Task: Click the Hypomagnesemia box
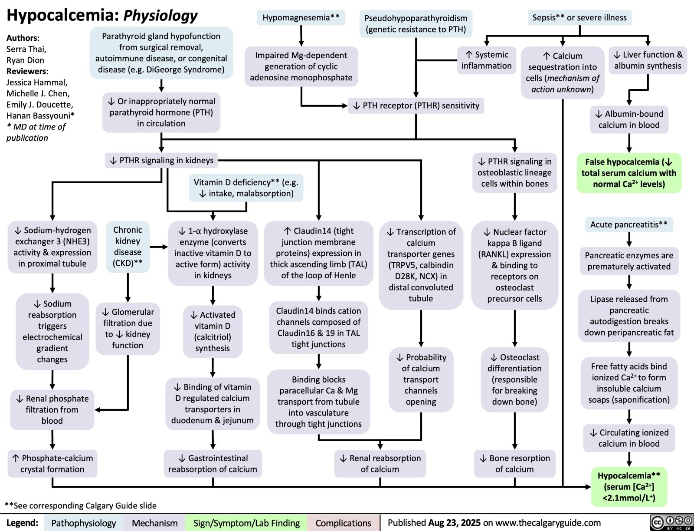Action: click(x=301, y=18)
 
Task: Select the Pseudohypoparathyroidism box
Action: click(x=416, y=24)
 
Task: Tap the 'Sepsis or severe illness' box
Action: click(x=579, y=18)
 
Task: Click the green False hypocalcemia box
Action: click(x=629, y=173)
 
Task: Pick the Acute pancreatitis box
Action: click(x=629, y=224)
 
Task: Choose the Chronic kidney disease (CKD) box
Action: click(x=128, y=247)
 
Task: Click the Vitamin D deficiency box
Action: click(x=246, y=188)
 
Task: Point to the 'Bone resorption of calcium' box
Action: click(x=514, y=464)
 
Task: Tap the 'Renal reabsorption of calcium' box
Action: click(x=380, y=464)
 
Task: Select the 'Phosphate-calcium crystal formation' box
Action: click(x=52, y=464)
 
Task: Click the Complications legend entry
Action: click(x=343, y=523)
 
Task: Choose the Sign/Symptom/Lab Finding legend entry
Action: click(x=246, y=523)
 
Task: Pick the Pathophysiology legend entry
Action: click(x=83, y=523)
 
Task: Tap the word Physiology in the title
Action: click(x=160, y=16)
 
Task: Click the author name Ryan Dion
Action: click(x=25, y=60)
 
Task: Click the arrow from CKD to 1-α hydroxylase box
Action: click(x=159, y=247)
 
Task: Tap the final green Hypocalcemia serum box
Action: click(x=629, y=487)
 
